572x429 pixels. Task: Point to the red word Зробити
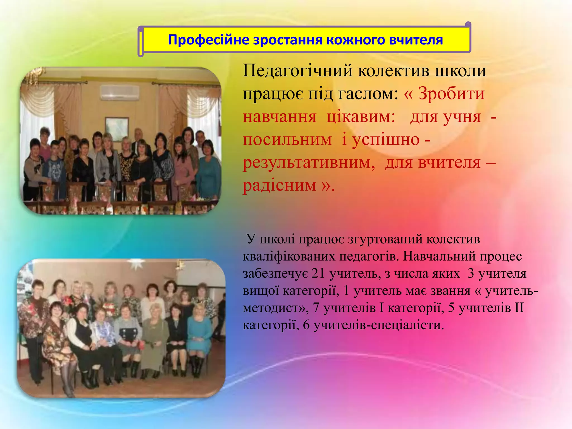point(451,94)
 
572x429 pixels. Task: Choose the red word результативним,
point(309,163)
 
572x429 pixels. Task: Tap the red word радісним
point(280,185)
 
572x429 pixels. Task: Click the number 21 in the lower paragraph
point(318,274)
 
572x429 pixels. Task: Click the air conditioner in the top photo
point(120,92)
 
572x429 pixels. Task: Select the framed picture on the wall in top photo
point(117,126)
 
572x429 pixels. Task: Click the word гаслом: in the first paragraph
point(368,94)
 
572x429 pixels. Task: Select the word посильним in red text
point(287,140)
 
